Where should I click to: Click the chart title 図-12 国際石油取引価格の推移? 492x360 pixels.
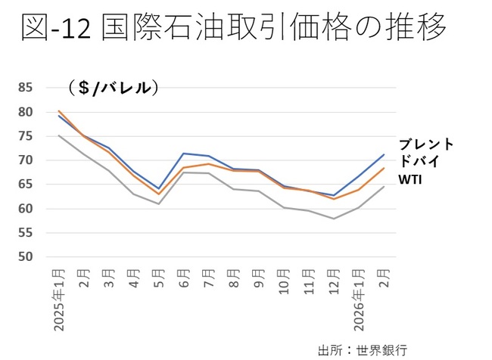tap(233, 29)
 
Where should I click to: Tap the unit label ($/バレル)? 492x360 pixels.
tap(113, 88)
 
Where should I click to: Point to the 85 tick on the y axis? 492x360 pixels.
tap(26, 88)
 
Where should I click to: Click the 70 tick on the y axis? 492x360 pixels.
tap(26, 160)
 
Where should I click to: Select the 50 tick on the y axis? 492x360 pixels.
tap(26, 257)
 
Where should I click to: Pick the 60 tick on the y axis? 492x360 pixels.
tap(26, 209)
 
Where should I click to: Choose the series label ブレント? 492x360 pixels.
tap(426, 144)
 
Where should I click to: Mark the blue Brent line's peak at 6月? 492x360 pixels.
tap(183, 154)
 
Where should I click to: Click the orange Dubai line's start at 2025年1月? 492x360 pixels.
tap(59, 110)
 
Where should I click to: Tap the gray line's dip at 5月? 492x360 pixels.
tap(158, 204)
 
